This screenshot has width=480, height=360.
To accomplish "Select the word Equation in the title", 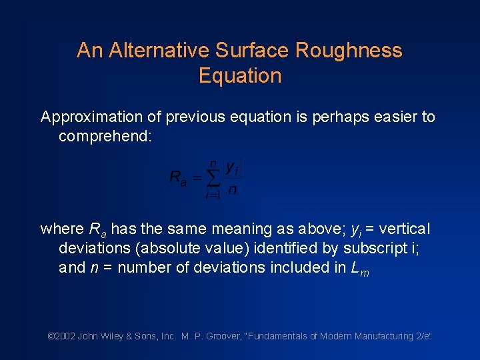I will pyautogui.click(x=240, y=76).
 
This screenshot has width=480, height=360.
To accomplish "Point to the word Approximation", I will pyautogui.click(x=91, y=117).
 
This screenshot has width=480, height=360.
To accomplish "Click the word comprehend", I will pyautogui.click(x=105, y=137).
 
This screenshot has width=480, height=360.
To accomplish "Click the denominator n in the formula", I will pyautogui.click(x=232, y=190).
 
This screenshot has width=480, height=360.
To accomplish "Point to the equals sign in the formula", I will pyautogui.click(x=197, y=178).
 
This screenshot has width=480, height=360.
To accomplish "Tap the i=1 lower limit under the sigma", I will pyautogui.click(x=213, y=195).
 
